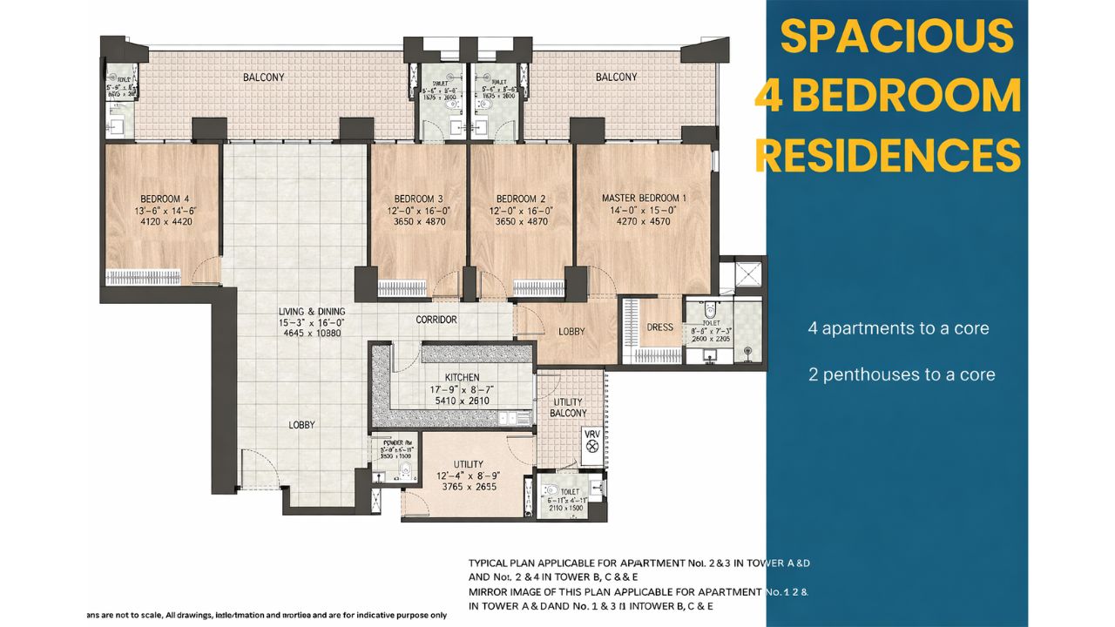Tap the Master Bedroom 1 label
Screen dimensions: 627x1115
click(x=644, y=198)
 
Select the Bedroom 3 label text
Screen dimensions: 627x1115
click(x=418, y=198)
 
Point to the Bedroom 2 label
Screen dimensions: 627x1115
click(x=521, y=198)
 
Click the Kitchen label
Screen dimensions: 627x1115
click(x=462, y=377)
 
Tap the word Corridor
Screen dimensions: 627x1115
click(x=436, y=320)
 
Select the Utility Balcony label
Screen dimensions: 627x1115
click(x=570, y=407)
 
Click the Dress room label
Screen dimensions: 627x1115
click(x=659, y=327)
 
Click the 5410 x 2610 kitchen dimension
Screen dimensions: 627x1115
click(x=462, y=401)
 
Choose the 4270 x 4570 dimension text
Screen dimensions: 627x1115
click(x=644, y=222)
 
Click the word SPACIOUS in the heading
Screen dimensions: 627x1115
click(x=896, y=37)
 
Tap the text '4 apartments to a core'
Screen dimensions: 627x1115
click(x=898, y=328)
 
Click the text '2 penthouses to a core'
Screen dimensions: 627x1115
click(x=901, y=374)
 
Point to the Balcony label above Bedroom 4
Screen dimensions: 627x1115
click(x=263, y=78)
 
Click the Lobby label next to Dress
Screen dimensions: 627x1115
click(x=571, y=332)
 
